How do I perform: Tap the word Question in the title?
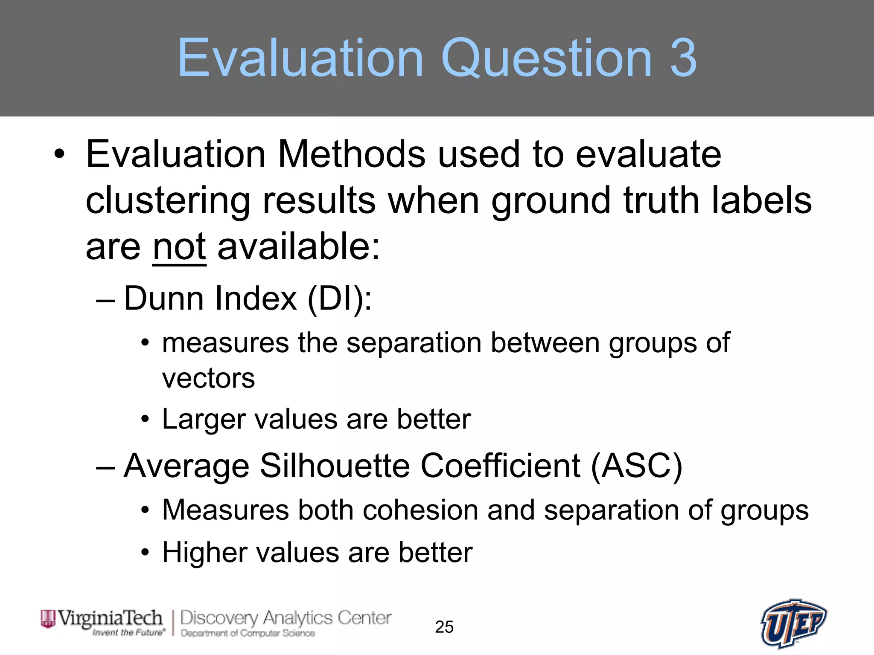[547, 58]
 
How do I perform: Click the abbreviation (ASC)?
[637, 466]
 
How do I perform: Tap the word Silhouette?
[335, 466]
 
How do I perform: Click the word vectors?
[208, 378]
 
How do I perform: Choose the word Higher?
[204, 553]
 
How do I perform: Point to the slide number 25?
[444, 627]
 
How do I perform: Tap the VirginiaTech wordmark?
[110, 618]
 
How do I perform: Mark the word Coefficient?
[501, 466]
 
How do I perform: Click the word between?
[545, 343]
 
